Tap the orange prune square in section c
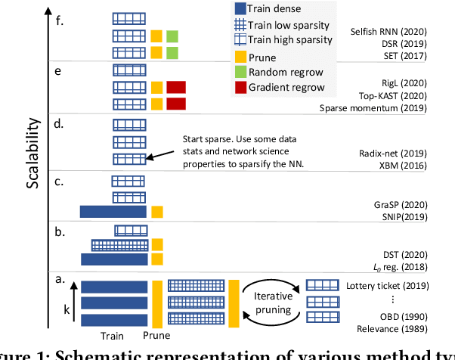[x=157, y=211]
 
